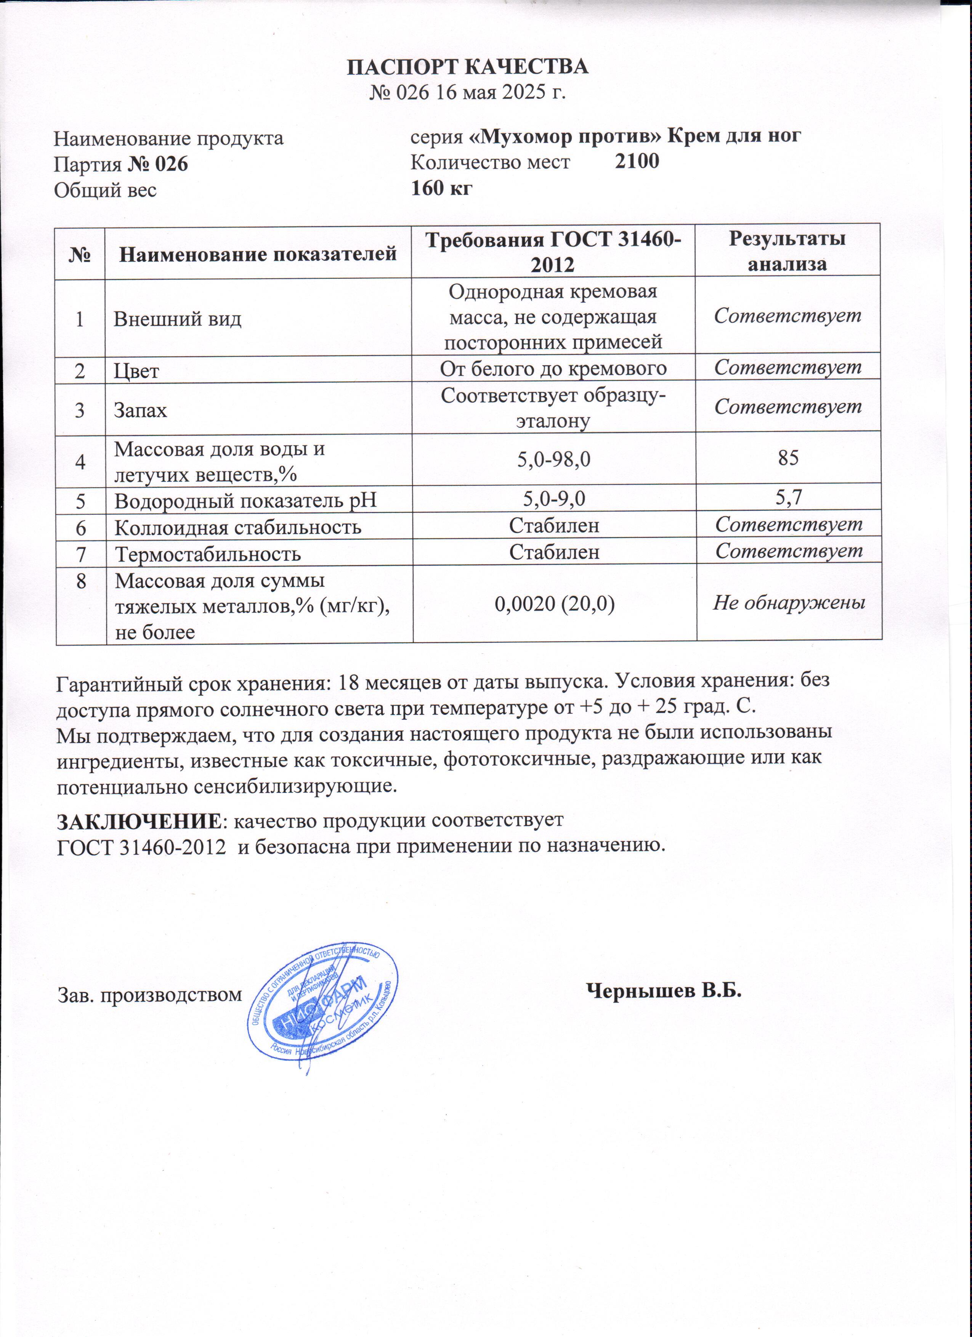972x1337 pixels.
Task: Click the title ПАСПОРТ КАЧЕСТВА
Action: pyautogui.click(x=467, y=67)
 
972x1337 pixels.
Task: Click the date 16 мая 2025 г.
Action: pyautogui.click(x=500, y=93)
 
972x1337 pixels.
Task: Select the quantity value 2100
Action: pyautogui.click(x=637, y=161)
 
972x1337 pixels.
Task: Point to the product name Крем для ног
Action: pyautogui.click(x=734, y=136)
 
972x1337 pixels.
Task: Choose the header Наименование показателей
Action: pyautogui.click(x=258, y=254)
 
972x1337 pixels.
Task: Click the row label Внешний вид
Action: pyautogui.click(x=177, y=319)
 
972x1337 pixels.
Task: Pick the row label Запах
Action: pyautogui.click(x=140, y=410)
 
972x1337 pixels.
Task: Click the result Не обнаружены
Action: pyautogui.click(x=789, y=602)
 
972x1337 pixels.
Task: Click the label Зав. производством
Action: pyautogui.click(x=150, y=995)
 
